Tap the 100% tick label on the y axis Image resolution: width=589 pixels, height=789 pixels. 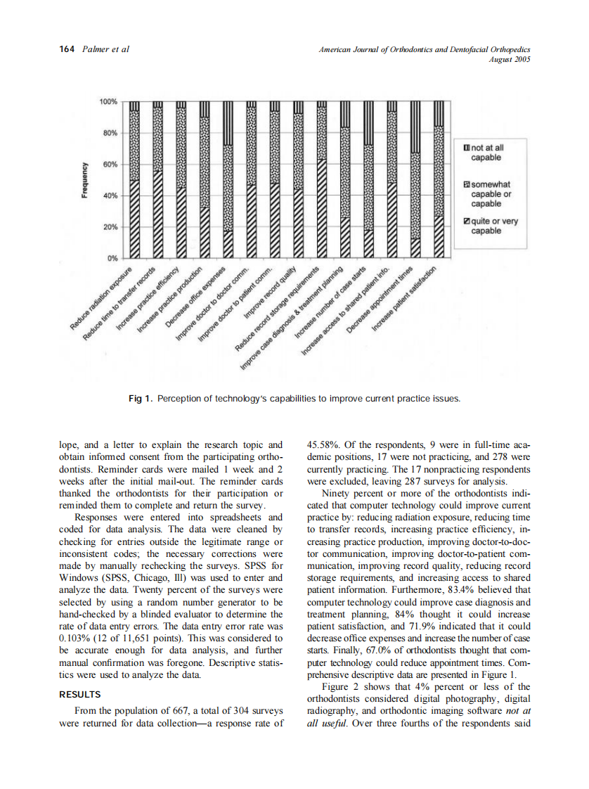[109, 102]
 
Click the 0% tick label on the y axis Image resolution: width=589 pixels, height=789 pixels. [113, 257]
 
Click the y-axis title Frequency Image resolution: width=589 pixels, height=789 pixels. [86, 180]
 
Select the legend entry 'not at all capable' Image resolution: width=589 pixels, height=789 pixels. [485, 153]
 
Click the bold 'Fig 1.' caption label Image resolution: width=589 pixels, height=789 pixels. [141, 399]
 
